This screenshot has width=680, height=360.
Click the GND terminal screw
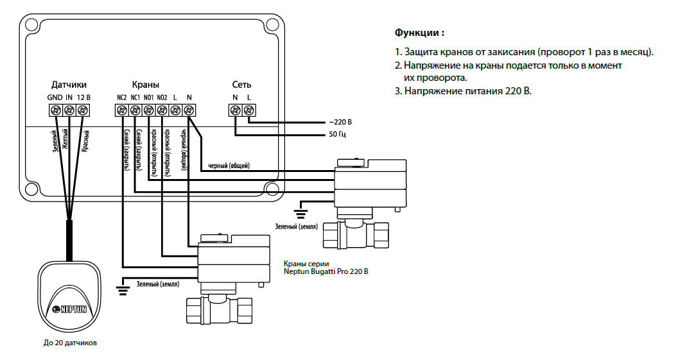55,110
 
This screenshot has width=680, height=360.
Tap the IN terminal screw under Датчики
69,110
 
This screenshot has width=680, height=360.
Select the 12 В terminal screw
82,110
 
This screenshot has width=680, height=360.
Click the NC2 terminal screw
122,110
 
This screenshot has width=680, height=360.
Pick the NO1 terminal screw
149,110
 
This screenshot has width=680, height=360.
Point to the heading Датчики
69,85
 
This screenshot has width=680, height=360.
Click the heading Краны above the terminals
145,85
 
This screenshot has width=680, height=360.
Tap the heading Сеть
241,85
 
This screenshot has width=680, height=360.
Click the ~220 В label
340,122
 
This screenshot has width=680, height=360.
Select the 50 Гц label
337,134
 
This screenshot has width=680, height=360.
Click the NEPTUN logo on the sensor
69,309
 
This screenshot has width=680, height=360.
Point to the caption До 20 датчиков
70,343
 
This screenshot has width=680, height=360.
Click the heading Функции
419,33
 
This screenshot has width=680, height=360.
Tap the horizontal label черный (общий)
229,166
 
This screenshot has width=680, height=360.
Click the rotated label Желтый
65,139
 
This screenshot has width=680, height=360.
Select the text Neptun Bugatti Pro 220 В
326,271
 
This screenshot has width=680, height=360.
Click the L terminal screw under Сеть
248,110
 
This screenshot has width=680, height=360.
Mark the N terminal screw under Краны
189,110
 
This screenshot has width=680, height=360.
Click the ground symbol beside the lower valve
123,291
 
